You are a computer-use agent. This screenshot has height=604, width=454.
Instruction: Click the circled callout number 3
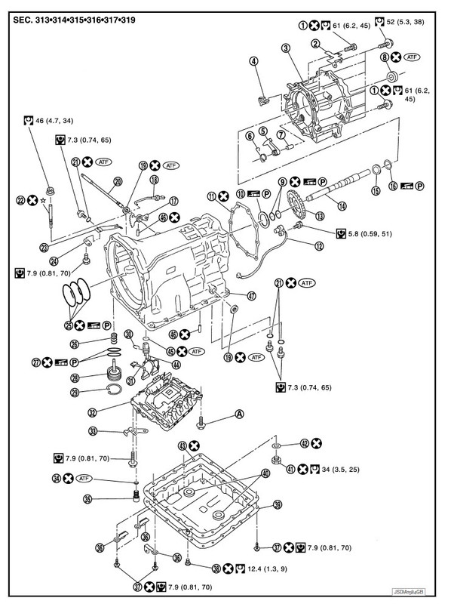click(286, 49)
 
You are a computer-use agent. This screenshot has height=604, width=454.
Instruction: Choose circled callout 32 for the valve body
click(92, 413)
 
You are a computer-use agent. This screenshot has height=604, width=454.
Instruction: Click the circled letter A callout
click(239, 413)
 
